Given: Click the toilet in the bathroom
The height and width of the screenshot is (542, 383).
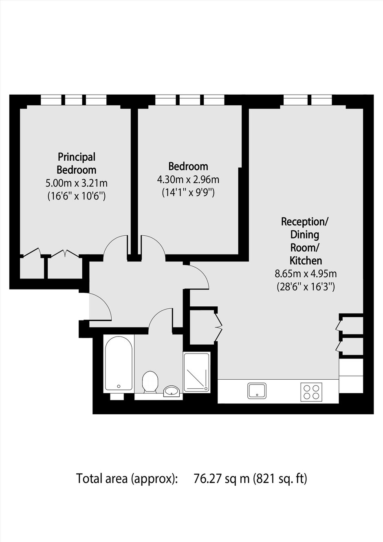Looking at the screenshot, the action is (150, 382).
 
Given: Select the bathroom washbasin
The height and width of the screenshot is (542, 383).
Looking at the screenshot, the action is (171, 391).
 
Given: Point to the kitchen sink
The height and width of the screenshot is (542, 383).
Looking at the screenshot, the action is (257, 391).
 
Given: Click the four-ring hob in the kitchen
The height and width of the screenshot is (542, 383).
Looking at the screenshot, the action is (311, 391).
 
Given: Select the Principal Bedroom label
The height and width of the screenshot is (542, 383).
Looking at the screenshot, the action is (77, 163).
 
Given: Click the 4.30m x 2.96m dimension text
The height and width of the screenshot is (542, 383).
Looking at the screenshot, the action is (188, 180).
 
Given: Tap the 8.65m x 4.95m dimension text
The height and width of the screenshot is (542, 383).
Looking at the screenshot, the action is (306, 274).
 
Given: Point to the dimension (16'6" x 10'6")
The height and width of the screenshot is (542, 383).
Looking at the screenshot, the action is (77, 196).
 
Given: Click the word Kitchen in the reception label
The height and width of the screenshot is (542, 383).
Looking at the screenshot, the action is (306, 261).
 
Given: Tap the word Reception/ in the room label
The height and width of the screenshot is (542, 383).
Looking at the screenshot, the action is (305, 221).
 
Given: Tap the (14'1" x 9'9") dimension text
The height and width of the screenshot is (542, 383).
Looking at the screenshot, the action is (188, 193).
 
